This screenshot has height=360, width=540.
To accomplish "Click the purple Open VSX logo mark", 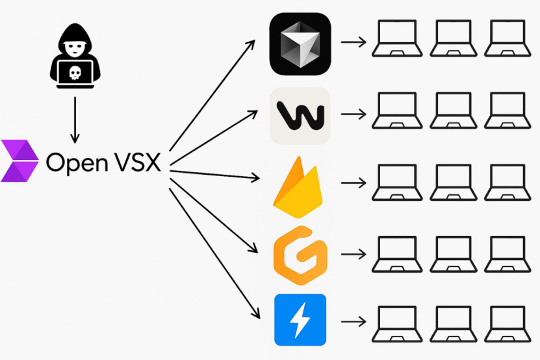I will click(19, 160).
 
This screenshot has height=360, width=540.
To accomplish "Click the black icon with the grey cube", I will click(300, 44).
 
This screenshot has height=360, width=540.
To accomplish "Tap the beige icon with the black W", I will click(300, 116).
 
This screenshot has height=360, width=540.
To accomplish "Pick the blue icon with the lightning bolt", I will click(300, 320).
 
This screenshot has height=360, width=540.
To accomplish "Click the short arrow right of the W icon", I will click(352, 114).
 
